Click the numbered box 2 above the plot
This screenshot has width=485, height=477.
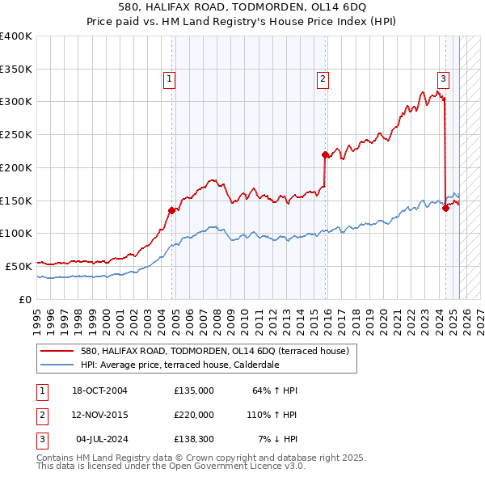(323, 78)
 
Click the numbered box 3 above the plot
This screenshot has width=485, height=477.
(444, 78)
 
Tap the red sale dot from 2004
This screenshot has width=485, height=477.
(171, 210)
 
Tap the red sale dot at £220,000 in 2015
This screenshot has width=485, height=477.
(324, 154)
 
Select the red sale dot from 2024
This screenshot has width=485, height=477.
(445, 208)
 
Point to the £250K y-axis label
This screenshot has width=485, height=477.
(15, 135)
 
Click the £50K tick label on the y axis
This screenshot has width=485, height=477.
(19, 266)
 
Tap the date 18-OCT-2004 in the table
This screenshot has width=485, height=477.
(100, 391)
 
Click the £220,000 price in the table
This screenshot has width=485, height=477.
(194, 415)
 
